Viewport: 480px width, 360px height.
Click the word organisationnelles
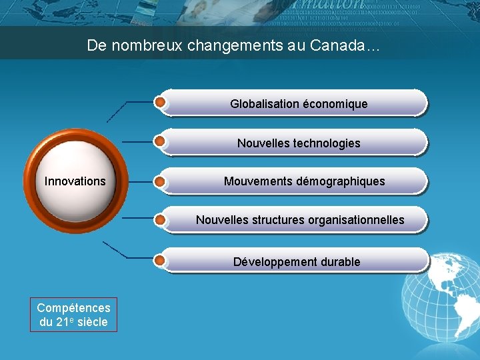353,220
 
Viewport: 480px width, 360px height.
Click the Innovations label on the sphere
75,181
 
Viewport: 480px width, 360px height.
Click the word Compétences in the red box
73,308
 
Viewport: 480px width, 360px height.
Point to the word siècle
93,323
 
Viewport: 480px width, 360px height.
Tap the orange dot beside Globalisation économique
160,102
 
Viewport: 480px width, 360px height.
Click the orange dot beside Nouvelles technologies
160,141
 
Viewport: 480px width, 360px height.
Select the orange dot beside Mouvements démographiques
160,180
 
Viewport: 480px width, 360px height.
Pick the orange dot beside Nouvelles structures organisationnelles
160,219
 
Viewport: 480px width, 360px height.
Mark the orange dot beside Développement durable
160,259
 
